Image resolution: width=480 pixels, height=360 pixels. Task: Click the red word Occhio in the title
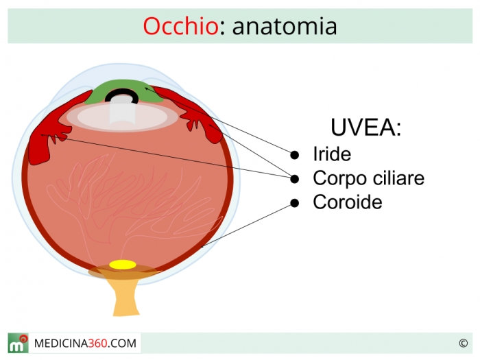click(x=181, y=26)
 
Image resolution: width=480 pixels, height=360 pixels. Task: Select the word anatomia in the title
click(x=285, y=27)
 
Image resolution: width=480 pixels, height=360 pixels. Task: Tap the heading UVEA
click(x=365, y=127)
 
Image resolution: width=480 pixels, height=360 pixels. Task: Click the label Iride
click(x=332, y=154)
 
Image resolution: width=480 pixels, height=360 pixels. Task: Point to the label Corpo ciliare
click(x=369, y=178)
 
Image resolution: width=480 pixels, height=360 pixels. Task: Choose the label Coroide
click(x=348, y=202)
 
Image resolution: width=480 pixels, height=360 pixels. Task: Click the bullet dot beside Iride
click(x=294, y=155)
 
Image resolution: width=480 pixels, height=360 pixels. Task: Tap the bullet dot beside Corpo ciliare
click(x=294, y=179)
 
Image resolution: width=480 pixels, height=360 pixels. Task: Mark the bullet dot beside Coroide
click(x=294, y=203)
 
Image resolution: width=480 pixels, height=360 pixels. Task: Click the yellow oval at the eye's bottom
click(x=123, y=265)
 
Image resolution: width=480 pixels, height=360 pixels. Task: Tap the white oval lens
click(x=123, y=117)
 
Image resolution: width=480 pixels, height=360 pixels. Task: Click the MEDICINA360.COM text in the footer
click(x=85, y=343)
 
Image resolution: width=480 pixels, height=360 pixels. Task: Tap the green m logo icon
click(x=18, y=343)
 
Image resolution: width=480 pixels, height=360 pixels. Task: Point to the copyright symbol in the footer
click(x=463, y=343)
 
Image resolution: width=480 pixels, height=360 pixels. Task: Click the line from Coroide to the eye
click(x=247, y=225)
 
